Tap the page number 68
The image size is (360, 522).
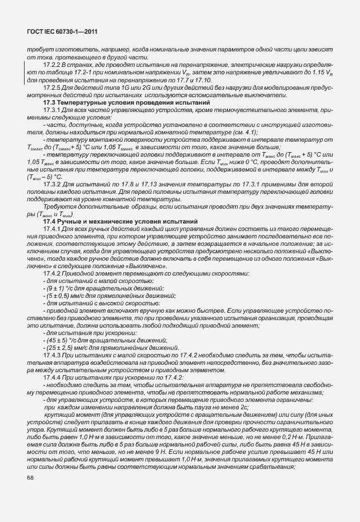30,478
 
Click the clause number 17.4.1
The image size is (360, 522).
53,228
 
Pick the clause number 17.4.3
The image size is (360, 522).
53,356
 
